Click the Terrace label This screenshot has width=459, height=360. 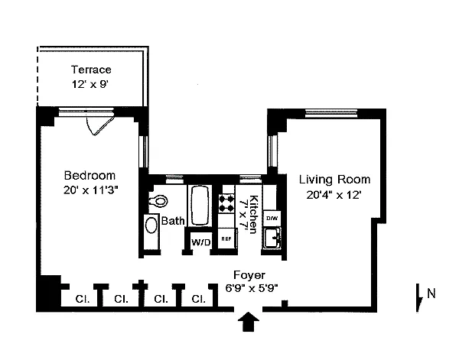91,70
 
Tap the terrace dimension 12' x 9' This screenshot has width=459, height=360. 90,85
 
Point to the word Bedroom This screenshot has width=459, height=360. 90,176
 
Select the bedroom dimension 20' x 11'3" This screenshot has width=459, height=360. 91,190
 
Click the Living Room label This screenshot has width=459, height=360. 334,180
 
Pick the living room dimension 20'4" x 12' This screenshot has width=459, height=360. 334,194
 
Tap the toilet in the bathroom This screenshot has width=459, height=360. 158,200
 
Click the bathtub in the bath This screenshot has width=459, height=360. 200,206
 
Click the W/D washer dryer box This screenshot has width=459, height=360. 200,242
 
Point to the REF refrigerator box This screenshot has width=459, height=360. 227,238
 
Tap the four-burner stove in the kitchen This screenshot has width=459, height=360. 226,203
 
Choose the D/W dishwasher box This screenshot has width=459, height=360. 272,218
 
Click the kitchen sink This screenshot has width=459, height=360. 272,238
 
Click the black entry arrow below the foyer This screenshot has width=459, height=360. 248,321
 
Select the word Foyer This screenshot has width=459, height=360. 249,275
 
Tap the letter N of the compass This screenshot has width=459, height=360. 431,294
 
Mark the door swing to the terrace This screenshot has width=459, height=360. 99,125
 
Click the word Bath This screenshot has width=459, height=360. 173,221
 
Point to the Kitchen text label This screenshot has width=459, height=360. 253,214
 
